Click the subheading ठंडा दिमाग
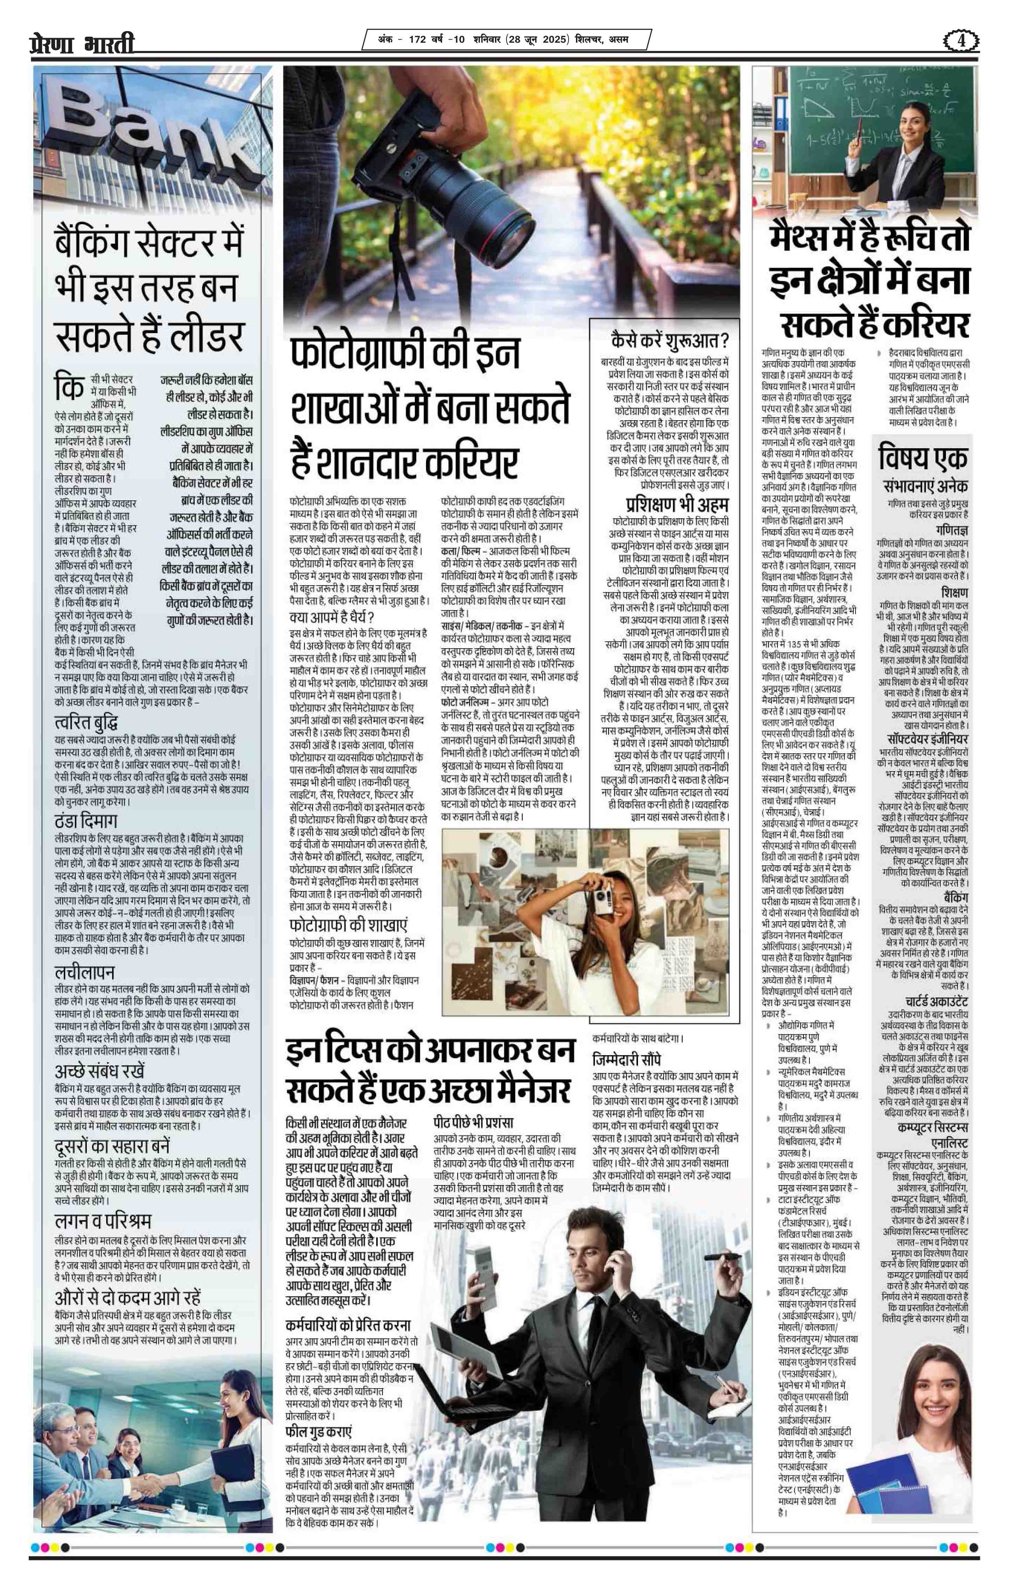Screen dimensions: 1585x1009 [x=85, y=821]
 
